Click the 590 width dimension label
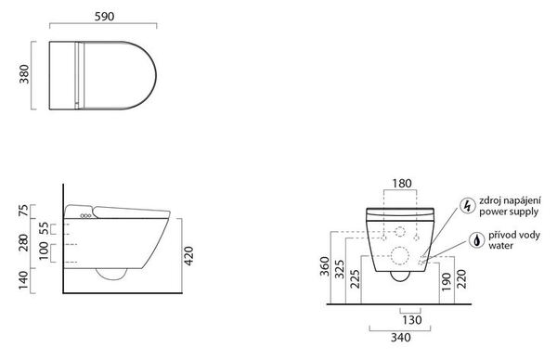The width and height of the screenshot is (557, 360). pyautogui.click(x=104, y=17)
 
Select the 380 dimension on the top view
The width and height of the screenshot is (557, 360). pyautogui.click(x=24, y=74)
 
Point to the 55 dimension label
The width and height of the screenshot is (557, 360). pyautogui.click(x=44, y=228)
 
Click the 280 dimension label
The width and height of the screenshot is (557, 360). pyautogui.click(x=23, y=242)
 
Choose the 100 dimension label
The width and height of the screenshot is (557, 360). pyautogui.click(x=44, y=251)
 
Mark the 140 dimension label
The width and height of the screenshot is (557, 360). pyautogui.click(x=23, y=280)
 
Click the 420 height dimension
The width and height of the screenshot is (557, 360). pyautogui.click(x=188, y=256)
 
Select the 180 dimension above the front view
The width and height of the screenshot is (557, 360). pyautogui.click(x=402, y=184)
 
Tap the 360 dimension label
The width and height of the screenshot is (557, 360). pyautogui.click(x=325, y=266)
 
